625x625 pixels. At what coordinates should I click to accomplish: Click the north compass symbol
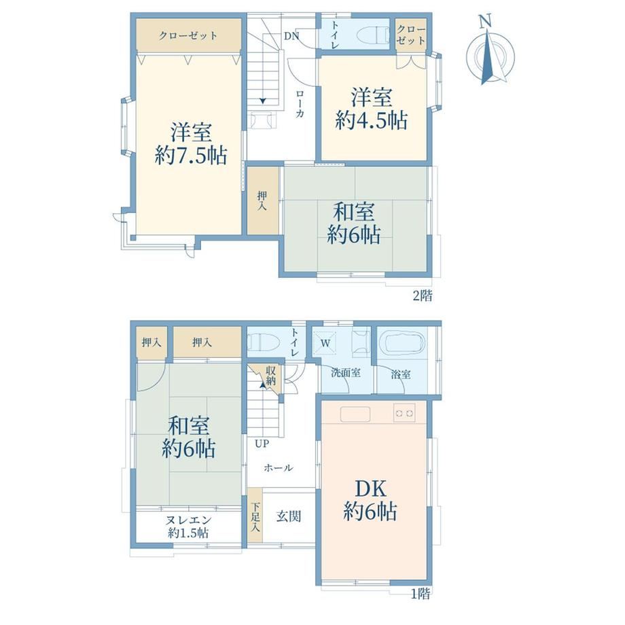pos(490,51)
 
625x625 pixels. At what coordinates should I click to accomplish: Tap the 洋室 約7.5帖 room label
pos(191,143)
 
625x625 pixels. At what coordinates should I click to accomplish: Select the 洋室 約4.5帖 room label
pos(372,109)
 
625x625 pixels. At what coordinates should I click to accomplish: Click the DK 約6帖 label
pos(370,500)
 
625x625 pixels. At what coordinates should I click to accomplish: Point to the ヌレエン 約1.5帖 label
pos(188,526)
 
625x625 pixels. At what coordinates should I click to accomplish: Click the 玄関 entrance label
pos(289,516)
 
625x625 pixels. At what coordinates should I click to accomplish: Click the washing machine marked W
pos(325,343)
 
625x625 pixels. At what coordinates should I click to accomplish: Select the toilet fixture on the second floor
pos(374,34)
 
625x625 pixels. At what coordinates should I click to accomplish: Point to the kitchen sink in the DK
pos(355,414)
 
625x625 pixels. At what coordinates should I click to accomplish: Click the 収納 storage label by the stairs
pos(270,376)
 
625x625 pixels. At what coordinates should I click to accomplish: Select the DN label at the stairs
pos(291,36)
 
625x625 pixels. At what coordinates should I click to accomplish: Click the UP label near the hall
pos(262,444)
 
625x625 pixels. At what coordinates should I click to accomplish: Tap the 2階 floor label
pos(422,296)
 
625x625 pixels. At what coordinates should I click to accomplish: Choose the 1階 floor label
pos(421,594)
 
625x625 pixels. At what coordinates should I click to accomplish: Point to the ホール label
pos(279,467)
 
